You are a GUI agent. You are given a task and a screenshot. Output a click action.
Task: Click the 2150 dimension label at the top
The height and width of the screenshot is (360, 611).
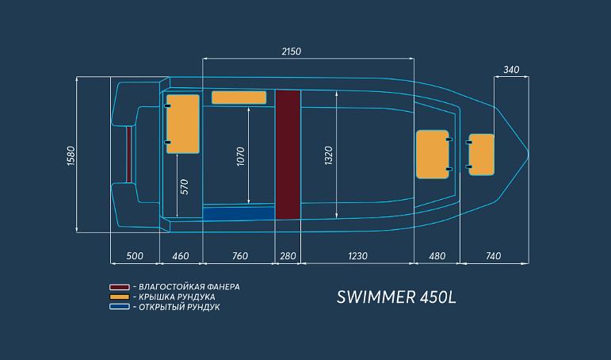point(292,51)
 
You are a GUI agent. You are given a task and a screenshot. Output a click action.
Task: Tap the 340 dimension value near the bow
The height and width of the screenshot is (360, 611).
point(510,70)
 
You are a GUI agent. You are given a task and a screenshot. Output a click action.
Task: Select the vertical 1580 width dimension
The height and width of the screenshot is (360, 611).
point(69,155)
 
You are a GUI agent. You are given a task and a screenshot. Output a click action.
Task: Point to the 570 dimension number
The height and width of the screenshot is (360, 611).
point(184,186)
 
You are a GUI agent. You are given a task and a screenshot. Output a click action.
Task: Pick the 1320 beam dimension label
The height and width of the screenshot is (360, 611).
point(329,155)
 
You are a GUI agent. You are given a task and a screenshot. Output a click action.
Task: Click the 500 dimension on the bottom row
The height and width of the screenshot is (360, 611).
point(134,255)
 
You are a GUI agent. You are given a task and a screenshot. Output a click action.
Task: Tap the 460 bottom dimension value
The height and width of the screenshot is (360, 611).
point(181,255)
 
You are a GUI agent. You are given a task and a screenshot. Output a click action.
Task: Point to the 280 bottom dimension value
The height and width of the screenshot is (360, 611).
point(287,255)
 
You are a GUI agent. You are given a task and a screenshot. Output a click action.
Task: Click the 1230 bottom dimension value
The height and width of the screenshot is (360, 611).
point(357,255)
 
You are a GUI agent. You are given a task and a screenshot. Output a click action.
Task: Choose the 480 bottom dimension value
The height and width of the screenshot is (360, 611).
point(437,255)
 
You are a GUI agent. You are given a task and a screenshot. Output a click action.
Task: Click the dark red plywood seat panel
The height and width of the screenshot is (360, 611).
point(287,154)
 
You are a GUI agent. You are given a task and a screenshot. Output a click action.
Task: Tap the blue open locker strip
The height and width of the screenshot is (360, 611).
point(239,213)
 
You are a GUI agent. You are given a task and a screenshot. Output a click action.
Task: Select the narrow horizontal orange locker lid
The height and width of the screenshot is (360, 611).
point(239,98)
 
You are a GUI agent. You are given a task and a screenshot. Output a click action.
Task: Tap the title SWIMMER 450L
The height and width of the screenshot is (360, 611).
point(397,297)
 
